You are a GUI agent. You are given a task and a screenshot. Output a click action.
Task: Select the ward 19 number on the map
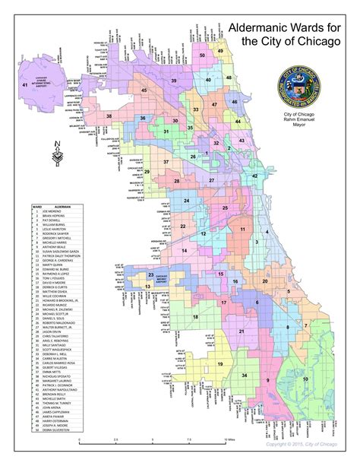click(219, 366)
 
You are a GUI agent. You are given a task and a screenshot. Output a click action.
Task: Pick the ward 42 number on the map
click(254, 176)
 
